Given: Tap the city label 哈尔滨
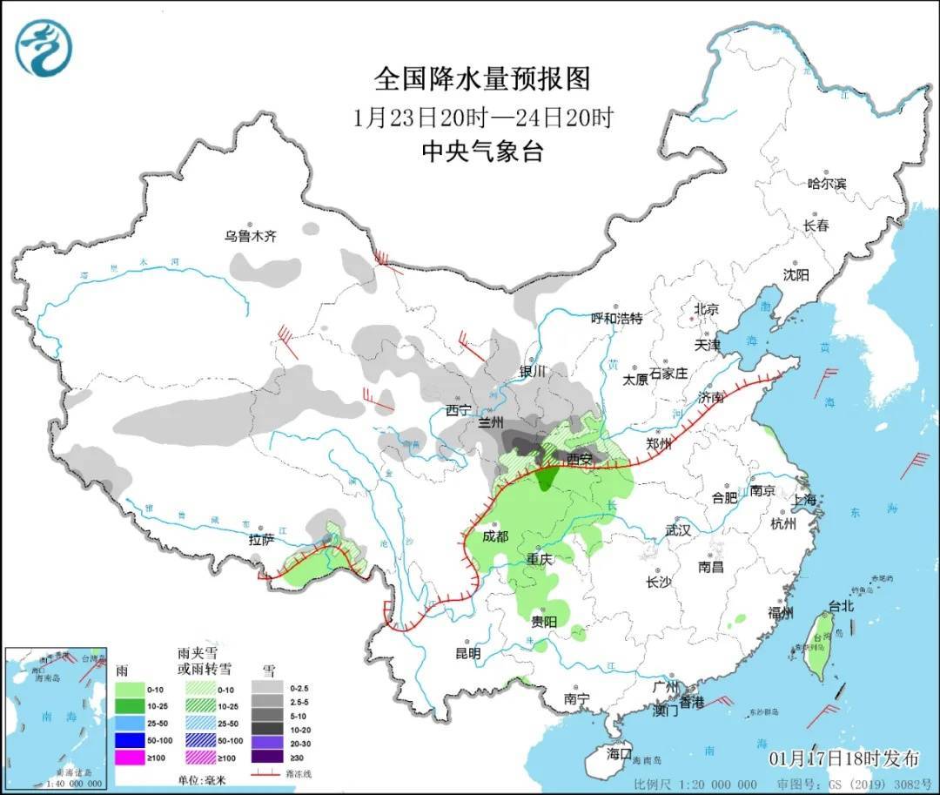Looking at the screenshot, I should (826, 183).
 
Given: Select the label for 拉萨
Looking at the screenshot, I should (261, 540).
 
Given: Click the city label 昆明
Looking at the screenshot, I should (467, 652).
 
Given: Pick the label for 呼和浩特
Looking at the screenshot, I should (616, 319).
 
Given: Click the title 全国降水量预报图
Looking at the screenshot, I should (482, 79).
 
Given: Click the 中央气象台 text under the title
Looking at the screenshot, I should (482, 152).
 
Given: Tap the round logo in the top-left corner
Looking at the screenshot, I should (44, 48).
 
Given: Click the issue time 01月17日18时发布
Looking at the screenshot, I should (843, 758).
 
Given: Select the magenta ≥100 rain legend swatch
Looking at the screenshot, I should (129, 757).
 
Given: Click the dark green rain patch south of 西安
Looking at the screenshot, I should (548, 476).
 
